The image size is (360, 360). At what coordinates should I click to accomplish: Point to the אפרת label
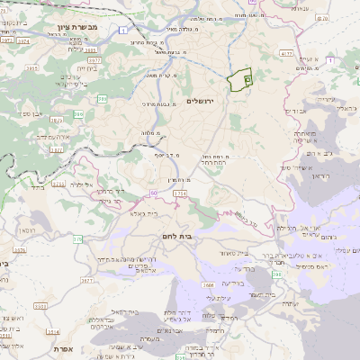(x=62, y=348)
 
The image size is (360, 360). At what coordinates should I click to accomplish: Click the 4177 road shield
(x=287, y=54)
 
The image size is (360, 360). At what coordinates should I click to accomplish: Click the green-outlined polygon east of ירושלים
(x=240, y=81)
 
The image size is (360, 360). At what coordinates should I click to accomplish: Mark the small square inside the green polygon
(x=247, y=79)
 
